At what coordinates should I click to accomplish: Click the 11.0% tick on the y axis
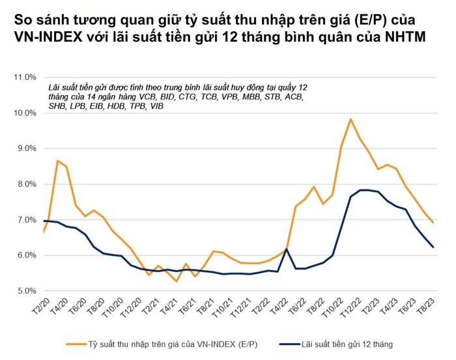(x=25, y=77)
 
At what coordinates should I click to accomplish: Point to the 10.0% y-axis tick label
(x=25, y=113)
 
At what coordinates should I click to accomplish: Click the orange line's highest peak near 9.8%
(x=351, y=119)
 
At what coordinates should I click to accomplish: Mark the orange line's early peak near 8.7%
(x=58, y=161)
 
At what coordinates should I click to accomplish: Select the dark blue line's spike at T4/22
(x=287, y=249)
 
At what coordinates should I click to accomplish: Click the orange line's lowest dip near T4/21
(x=177, y=281)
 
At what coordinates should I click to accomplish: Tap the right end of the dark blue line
(x=433, y=247)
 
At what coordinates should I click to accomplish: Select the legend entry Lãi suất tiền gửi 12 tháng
(x=346, y=342)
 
